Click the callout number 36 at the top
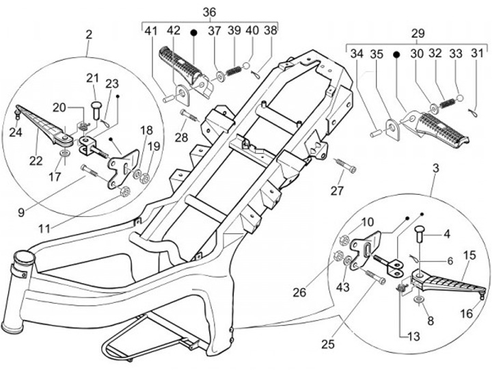pyautogui.click(x=209, y=12)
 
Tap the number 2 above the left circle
pyautogui.click(x=89, y=34)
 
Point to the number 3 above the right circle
pyautogui.click(x=435, y=168)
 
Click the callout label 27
pyautogui.click(x=337, y=191)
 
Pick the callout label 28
pyautogui.click(x=180, y=139)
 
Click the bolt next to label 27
pyautogui.click(x=344, y=164)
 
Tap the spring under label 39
pyautogui.click(x=232, y=70)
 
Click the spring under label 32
pyautogui.click(x=448, y=103)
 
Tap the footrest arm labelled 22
pyautogui.click(x=41, y=120)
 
